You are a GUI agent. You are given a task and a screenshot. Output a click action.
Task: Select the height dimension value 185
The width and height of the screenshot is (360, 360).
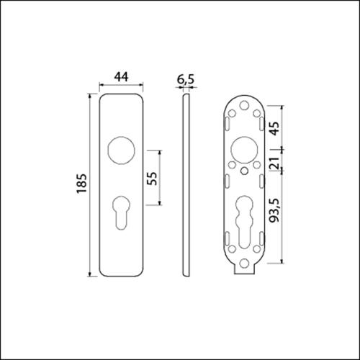80,185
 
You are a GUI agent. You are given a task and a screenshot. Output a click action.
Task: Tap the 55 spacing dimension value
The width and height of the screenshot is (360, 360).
152,179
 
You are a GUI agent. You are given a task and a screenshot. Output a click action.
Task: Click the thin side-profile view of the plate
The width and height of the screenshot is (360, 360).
186,185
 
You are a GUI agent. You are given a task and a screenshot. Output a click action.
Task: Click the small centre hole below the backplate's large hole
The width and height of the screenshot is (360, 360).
245,171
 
